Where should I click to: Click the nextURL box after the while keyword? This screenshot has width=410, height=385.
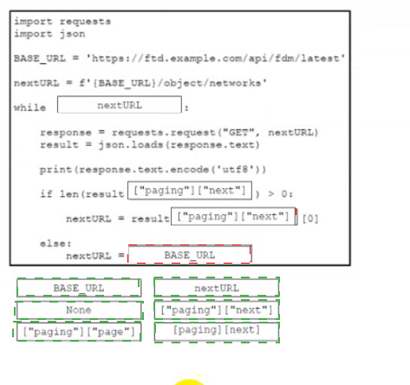(x=120, y=105)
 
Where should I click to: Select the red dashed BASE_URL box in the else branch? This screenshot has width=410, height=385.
(x=190, y=254)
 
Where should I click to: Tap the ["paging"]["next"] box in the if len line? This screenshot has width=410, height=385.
(x=190, y=190)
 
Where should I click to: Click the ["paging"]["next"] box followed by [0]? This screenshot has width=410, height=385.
(x=233, y=216)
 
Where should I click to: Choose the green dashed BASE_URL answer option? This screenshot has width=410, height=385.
(x=79, y=288)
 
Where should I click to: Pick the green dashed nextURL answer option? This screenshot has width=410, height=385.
(x=217, y=287)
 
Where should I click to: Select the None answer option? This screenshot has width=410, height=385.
(x=79, y=310)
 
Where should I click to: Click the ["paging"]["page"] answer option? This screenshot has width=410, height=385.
(x=79, y=331)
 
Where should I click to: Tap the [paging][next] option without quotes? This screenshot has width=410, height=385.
(x=217, y=332)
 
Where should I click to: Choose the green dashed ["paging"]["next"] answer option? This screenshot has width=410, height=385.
(x=217, y=310)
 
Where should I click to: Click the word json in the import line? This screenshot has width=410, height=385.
(x=73, y=34)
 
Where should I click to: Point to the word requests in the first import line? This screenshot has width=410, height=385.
(x=85, y=22)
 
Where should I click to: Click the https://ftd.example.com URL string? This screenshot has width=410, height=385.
(x=216, y=59)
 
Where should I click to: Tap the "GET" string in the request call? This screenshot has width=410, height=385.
(x=238, y=133)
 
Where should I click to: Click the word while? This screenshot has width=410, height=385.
(x=29, y=108)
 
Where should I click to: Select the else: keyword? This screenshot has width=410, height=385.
(x=55, y=244)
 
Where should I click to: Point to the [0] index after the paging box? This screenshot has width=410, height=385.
(x=310, y=219)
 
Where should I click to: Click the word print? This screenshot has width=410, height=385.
(x=55, y=170)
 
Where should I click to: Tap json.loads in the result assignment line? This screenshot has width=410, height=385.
(x=131, y=145)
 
